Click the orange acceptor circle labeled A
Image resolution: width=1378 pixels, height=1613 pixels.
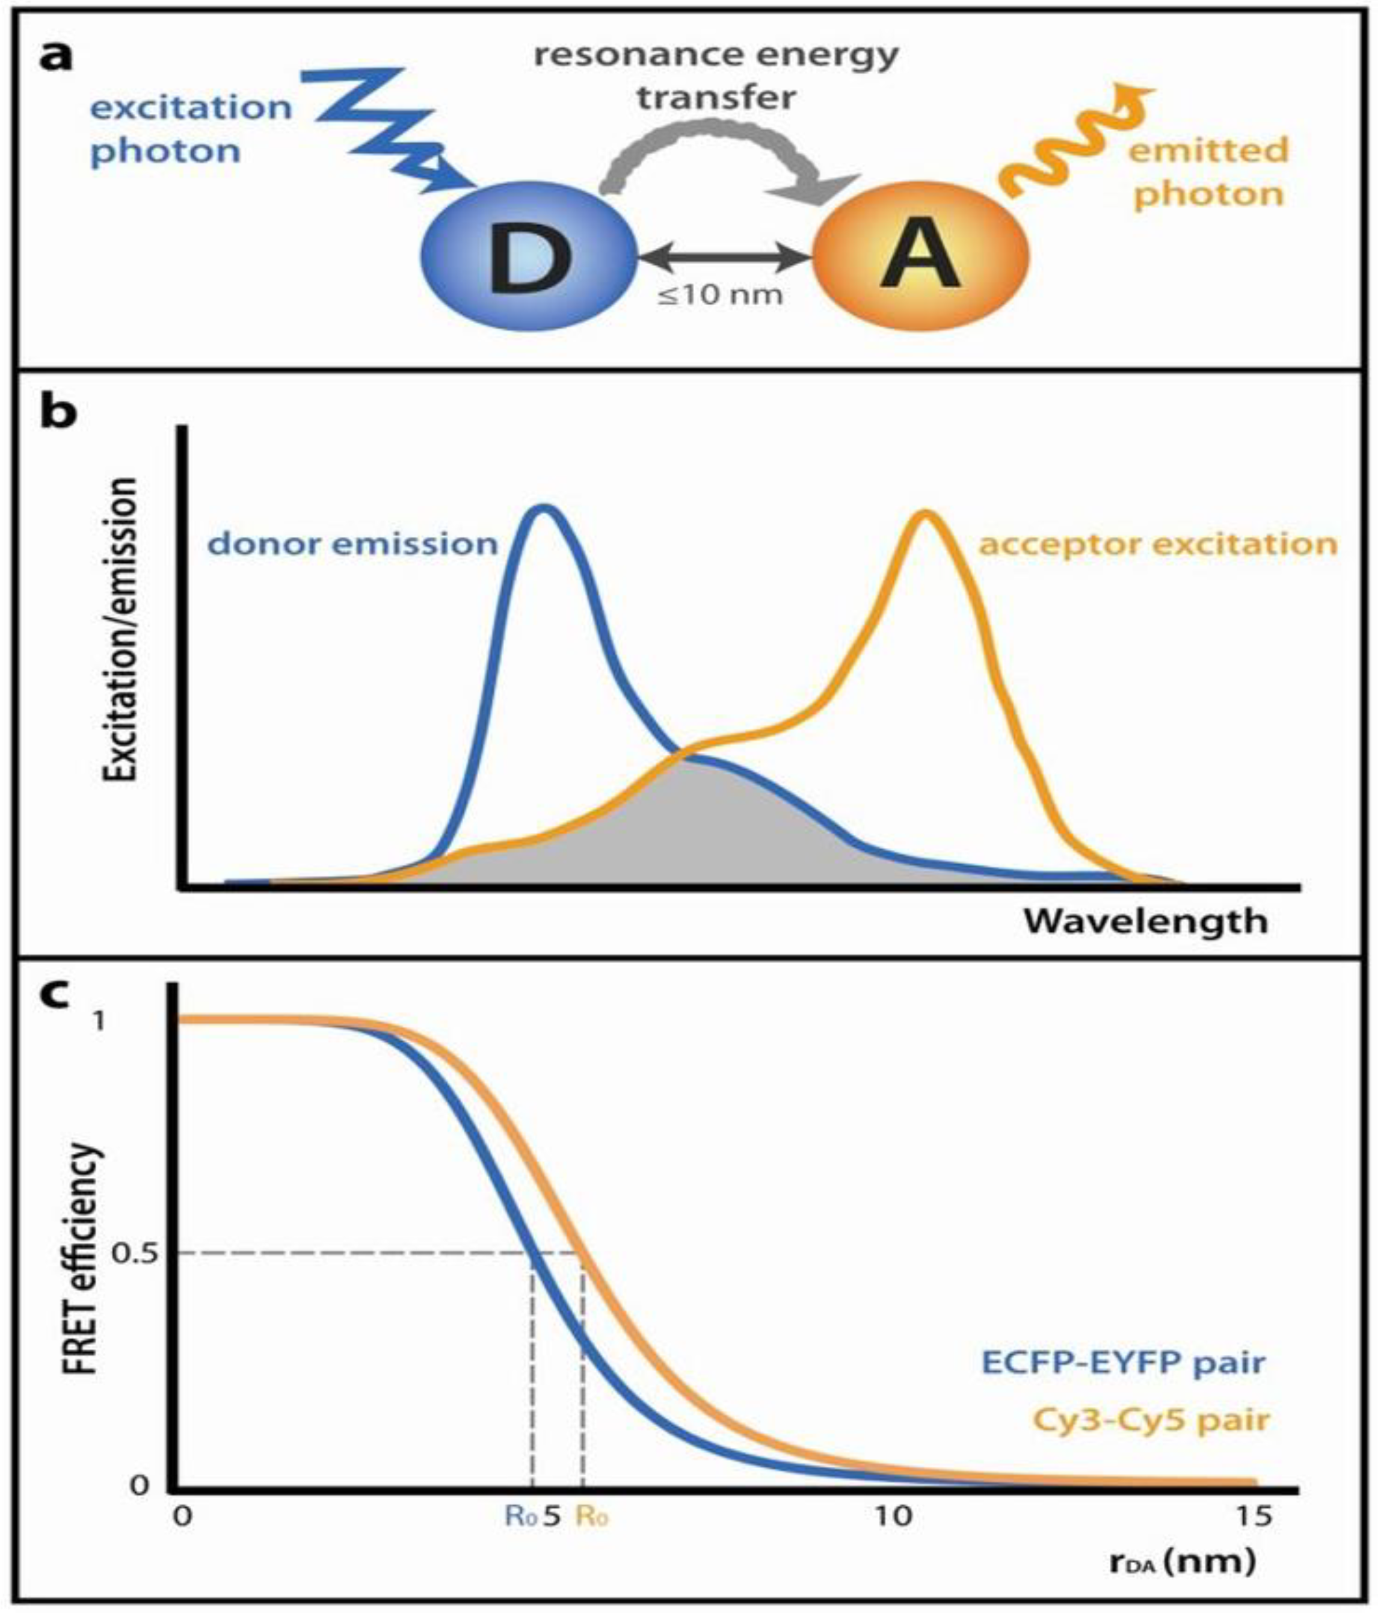920,256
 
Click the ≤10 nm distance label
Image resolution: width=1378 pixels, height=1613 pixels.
720,297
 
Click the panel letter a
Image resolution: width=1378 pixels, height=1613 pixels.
56,56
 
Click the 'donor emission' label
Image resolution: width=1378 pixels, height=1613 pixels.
352,543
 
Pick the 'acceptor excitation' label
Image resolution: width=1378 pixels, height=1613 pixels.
1158,543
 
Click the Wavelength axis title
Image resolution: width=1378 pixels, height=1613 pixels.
1145,921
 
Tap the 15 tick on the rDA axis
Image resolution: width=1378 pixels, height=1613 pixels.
1253,1515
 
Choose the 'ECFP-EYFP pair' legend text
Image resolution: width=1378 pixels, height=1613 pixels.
1124,1363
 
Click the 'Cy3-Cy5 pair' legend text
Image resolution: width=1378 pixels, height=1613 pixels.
1151,1419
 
